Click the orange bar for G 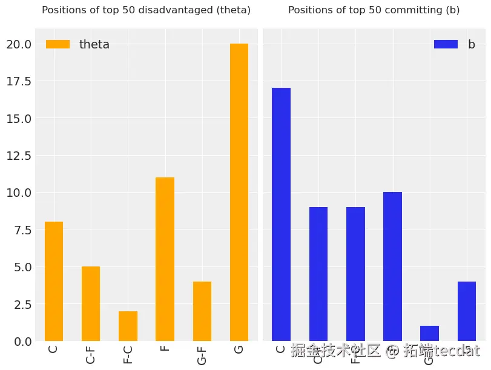pos(239,193)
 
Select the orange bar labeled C pos(54,282)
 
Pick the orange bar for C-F pos(91,304)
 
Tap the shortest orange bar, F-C pos(128,326)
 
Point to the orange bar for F pos(165,259)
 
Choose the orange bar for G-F pos(202,311)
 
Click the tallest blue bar pos(281,214)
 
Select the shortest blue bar pos(429,334)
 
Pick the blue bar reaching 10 pos(392,266)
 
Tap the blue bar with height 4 pos(466,311)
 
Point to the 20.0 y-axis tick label pos(18,44)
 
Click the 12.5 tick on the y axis pos(18,156)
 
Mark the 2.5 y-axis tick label pos(21,304)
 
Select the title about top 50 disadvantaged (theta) pos(146,10)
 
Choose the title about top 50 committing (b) pos(374,10)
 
